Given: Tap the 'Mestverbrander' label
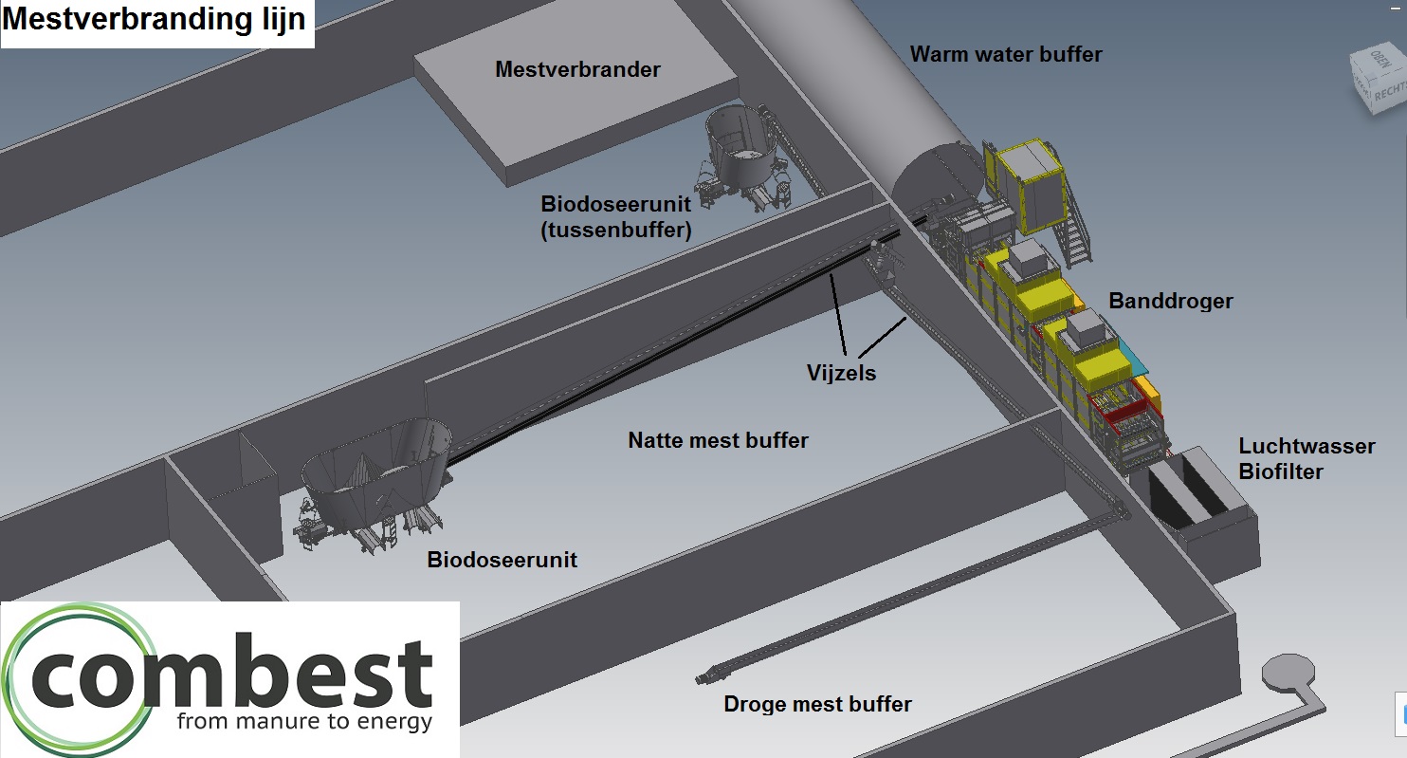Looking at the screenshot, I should tap(577, 69).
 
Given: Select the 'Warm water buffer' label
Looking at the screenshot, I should tap(1006, 54).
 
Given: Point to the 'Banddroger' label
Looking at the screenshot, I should tap(1171, 301).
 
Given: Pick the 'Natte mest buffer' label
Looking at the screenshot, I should tap(718, 440).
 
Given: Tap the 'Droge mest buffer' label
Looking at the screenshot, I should tap(817, 704).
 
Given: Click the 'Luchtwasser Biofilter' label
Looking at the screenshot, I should tap(1306, 458).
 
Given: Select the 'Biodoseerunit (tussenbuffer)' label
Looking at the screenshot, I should tap(615, 216).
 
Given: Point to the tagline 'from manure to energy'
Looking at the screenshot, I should tap(304, 722).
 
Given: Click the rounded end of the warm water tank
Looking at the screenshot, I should tap(924, 185).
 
